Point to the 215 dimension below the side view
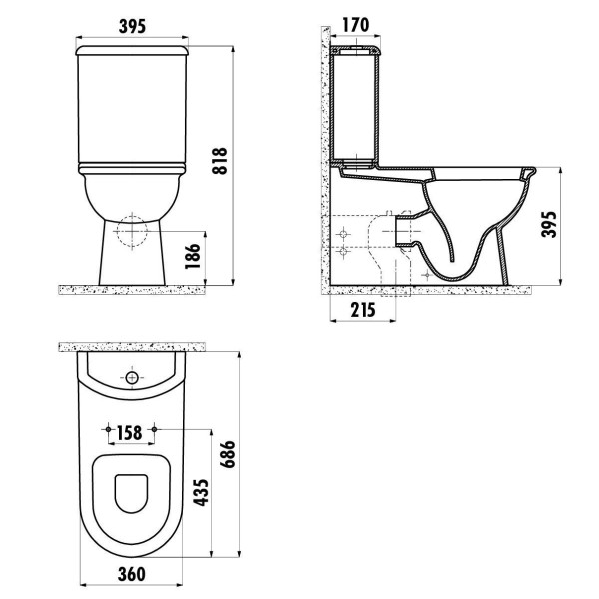coord(363,310)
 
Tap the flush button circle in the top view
coord(132,379)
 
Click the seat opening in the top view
coord(132,493)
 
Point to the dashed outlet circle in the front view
coord(132,231)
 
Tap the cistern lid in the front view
coord(133,47)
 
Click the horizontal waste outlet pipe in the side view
coord(407,228)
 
